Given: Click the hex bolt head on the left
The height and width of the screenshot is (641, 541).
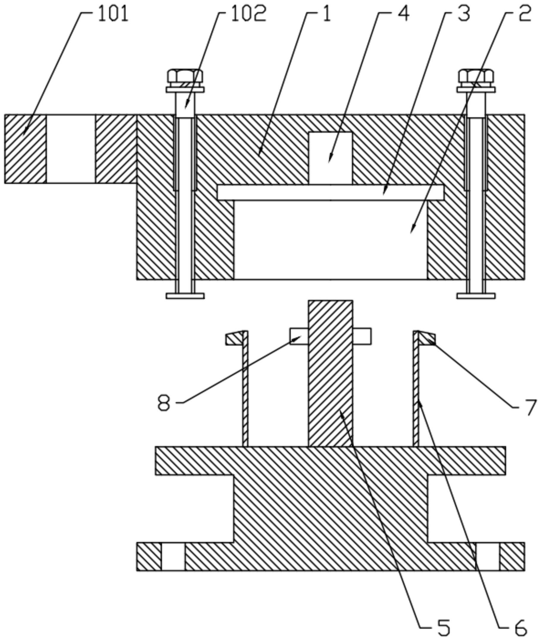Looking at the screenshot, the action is pyautogui.click(x=185, y=76).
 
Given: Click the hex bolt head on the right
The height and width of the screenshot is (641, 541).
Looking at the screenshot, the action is pyautogui.click(x=476, y=76).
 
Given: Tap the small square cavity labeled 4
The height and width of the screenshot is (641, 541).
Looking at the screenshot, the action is pyautogui.click(x=330, y=158).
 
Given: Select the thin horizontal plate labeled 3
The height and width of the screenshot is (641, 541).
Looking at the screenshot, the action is pyautogui.click(x=330, y=192).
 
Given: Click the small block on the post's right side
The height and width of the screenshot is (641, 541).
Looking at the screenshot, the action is pyautogui.click(x=362, y=336).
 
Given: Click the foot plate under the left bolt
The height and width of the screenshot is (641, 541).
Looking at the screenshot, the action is pyautogui.click(x=185, y=296).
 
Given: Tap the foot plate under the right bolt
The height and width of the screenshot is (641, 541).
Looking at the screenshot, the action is pyautogui.click(x=476, y=296).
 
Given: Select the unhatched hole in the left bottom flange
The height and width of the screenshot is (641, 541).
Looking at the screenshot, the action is pyautogui.click(x=173, y=557).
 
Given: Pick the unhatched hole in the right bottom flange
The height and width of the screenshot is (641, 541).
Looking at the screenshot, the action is pyautogui.click(x=487, y=557).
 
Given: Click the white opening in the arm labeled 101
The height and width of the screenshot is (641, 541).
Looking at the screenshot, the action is pyautogui.click(x=71, y=149).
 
